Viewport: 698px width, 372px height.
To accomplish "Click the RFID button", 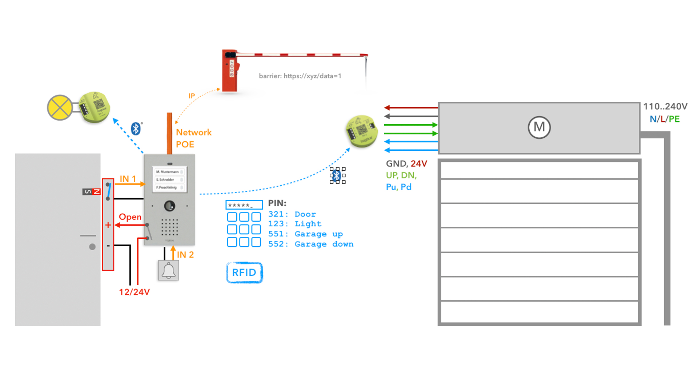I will coord(244,272).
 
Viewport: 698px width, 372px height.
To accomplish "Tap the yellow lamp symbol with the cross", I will coord(60,108).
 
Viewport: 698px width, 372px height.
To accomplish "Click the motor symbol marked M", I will coord(539,128).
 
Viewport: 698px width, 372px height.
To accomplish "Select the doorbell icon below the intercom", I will coord(168,271).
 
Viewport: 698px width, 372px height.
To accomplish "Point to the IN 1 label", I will coord(128,179).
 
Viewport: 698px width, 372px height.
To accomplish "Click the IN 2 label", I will coord(185,255).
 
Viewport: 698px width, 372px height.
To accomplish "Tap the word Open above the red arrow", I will coord(130,217).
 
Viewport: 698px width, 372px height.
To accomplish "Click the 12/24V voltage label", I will coord(134,292).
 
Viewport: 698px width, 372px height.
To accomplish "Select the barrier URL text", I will coord(300,76).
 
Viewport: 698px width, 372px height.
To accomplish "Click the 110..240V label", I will coord(665,106).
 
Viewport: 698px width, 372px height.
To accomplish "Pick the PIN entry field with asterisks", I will coord(244,205).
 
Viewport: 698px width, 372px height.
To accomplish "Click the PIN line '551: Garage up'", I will coord(305,234).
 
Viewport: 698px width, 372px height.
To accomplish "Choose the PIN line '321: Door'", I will coord(292,214).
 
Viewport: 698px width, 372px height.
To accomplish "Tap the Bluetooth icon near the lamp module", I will coord(136,129).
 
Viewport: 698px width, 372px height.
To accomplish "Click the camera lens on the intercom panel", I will coord(169,206).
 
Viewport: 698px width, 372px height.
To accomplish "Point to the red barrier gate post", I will coord(230,71).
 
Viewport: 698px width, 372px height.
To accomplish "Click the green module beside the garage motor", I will coord(361,131).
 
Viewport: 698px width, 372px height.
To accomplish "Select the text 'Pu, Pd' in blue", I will coord(398,187).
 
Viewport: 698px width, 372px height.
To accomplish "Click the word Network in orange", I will coord(194,132).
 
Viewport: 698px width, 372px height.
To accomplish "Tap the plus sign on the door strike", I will coord(108,225).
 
